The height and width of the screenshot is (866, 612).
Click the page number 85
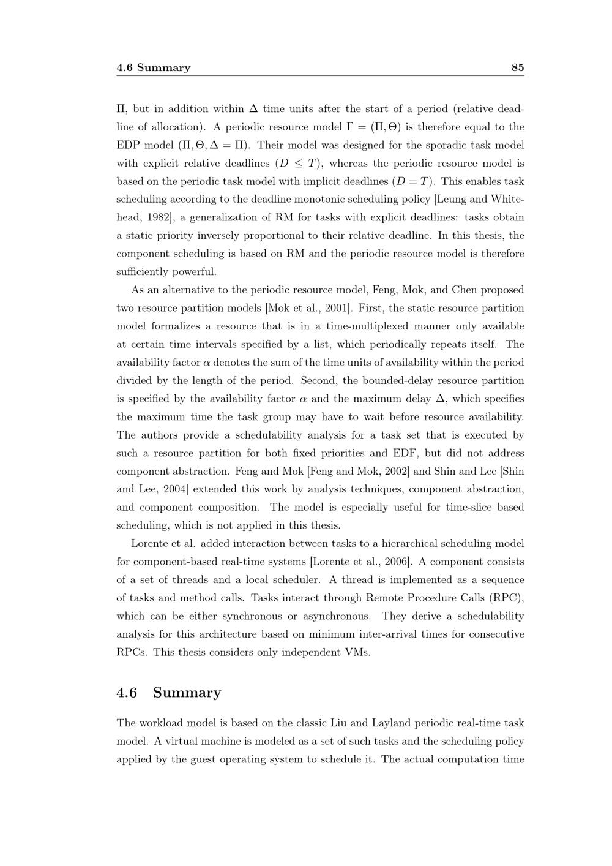[x=517, y=67]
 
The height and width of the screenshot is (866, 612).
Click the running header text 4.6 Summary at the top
[x=153, y=67]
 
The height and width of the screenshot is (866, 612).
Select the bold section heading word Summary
[x=187, y=693]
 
